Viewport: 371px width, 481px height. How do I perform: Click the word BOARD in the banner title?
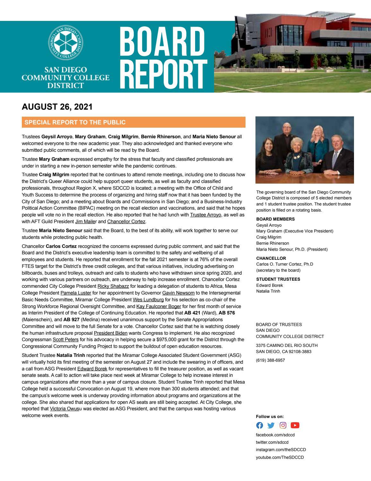click(162, 43)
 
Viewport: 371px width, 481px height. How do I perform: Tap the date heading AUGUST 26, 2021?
click(57, 107)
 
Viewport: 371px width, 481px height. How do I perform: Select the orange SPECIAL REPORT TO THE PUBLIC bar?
click(134, 123)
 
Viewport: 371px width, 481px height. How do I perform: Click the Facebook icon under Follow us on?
click(259, 425)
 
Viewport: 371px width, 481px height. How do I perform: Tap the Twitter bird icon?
click(271, 425)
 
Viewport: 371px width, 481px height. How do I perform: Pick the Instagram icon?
click(283, 425)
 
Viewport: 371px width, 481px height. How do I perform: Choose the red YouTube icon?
click(295, 425)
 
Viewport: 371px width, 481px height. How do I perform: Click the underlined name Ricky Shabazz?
click(113, 286)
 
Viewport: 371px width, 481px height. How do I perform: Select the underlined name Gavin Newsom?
click(178, 293)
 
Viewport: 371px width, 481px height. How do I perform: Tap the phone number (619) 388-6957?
click(270, 360)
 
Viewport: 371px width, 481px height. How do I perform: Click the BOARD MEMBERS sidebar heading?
click(275, 219)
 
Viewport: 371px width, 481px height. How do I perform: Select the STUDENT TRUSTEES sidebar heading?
click(278, 279)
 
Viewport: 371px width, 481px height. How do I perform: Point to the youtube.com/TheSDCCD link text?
click(280, 457)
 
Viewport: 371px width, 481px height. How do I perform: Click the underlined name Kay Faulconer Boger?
click(159, 306)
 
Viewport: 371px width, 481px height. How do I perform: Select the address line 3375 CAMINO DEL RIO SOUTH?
click(287, 346)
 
